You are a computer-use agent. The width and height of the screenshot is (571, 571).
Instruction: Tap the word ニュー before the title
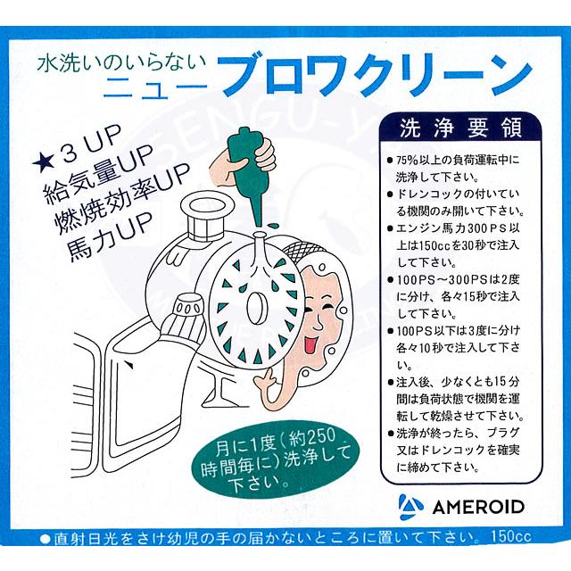(x=156, y=87)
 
